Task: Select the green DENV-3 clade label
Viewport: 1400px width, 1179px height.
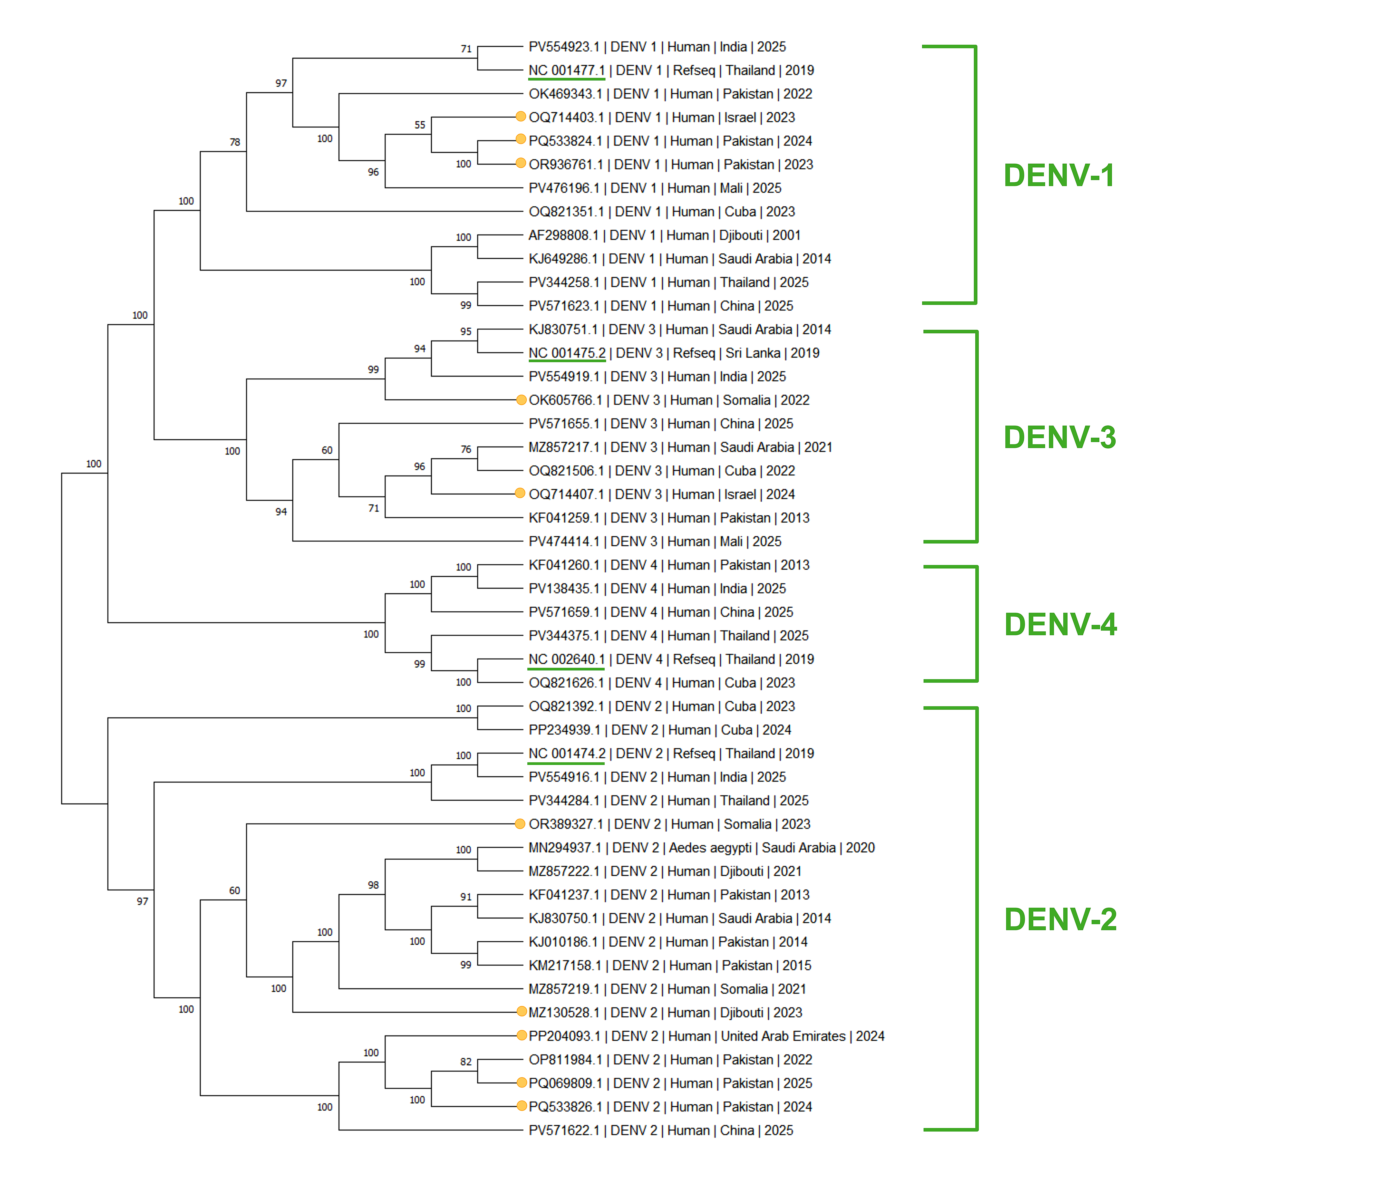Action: click(1060, 437)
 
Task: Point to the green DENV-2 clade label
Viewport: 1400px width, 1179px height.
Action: click(1060, 919)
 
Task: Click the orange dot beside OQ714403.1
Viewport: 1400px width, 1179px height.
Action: click(521, 116)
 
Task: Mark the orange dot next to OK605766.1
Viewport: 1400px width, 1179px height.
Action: click(521, 400)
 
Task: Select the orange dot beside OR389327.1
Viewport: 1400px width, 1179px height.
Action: click(520, 823)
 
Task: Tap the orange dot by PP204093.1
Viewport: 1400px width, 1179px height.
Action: click(521, 1035)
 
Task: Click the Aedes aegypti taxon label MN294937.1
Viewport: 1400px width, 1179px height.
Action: click(701, 847)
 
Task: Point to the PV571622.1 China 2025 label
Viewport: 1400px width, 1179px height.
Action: click(661, 1130)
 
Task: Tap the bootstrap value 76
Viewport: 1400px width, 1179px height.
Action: click(466, 449)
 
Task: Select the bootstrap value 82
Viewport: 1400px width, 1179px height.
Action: click(466, 1061)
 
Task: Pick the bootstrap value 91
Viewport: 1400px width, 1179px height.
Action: click(466, 897)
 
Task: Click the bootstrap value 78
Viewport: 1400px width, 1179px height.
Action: click(235, 142)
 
